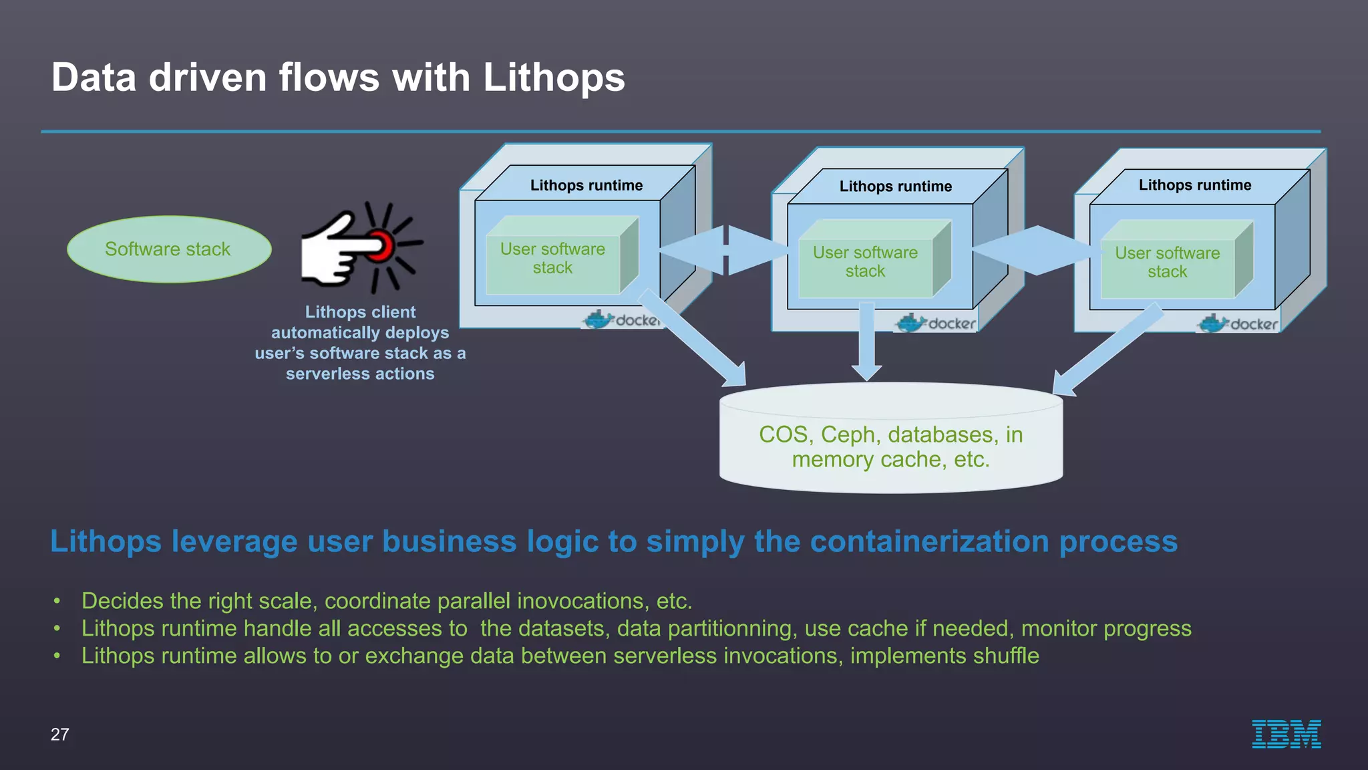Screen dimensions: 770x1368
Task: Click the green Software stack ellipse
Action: tap(169, 249)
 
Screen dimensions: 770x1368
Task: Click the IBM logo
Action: tap(1286, 734)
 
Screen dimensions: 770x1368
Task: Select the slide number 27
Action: tap(59, 735)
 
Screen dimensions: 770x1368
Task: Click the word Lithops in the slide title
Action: tap(553, 78)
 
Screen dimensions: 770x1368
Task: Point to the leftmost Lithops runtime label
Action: tap(586, 185)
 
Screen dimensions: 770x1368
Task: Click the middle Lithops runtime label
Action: tap(895, 186)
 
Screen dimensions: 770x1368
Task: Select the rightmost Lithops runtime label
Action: tap(1194, 185)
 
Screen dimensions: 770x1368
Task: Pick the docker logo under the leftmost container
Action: tap(621, 320)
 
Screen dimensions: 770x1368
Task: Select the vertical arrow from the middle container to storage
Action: tap(866, 341)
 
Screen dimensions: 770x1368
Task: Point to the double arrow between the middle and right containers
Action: tap(1037, 250)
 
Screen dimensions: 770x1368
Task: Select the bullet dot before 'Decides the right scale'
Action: tap(57, 602)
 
